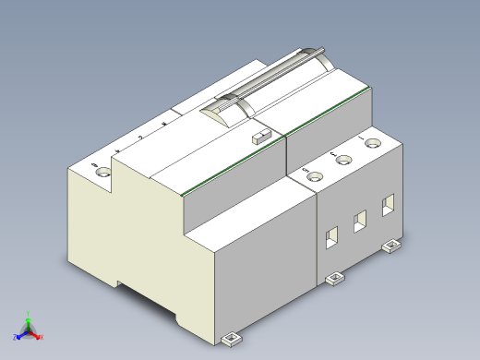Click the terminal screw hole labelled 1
coord(373,143)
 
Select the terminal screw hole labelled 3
coord(344,161)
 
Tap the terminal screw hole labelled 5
coord(316,176)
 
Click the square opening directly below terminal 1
coord(388,203)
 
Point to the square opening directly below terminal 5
coord(330,239)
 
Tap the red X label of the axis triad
coord(41,337)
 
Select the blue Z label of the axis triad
coord(16,337)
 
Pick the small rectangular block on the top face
coord(260,138)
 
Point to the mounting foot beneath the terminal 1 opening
coord(391,245)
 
